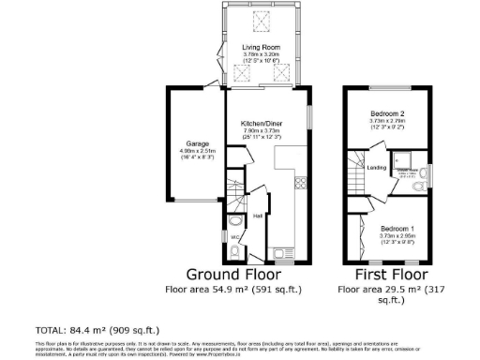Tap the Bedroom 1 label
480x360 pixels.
tap(397, 228)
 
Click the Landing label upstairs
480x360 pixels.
tap(377, 169)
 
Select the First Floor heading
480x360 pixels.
tap(391, 275)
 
